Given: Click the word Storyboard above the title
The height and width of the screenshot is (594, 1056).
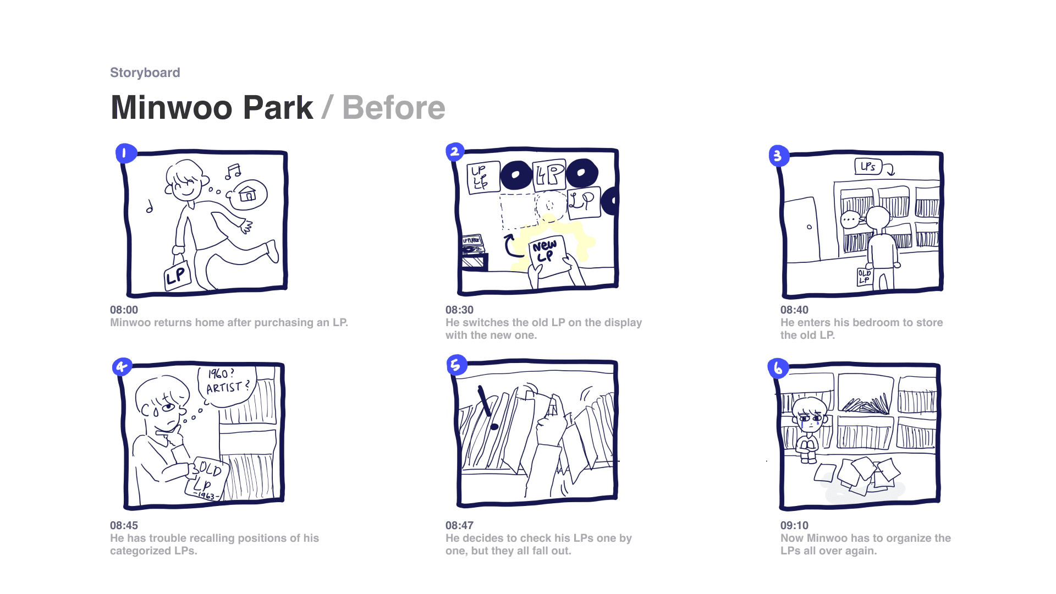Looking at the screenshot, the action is point(145,73).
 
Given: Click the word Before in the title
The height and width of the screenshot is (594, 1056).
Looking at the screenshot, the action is point(394,107).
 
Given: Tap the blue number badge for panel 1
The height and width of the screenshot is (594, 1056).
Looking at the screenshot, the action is point(125,153).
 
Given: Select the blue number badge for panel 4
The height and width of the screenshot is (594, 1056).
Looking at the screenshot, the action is point(122,366).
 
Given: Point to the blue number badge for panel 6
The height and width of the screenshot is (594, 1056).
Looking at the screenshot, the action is point(778,368).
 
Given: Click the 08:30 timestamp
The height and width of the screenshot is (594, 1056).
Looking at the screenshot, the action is point(459,310).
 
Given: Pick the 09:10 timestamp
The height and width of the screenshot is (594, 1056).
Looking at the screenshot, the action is point(794,525).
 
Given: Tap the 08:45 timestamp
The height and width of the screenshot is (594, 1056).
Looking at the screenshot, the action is point(124,525).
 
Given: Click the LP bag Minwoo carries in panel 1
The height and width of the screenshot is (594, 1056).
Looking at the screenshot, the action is point(177,275).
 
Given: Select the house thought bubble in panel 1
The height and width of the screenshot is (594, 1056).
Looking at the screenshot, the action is point(248,195).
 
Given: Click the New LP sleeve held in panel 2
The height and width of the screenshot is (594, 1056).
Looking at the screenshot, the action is point(548,256).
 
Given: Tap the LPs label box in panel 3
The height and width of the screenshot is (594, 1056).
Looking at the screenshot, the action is point(868,166).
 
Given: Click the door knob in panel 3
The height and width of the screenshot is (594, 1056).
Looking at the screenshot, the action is point(809,227).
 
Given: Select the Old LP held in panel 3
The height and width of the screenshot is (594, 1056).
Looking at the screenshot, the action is point(865,277).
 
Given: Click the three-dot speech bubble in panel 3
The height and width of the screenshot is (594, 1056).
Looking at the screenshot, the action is point(851,220).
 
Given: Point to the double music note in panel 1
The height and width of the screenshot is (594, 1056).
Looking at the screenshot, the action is point(233,172).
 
